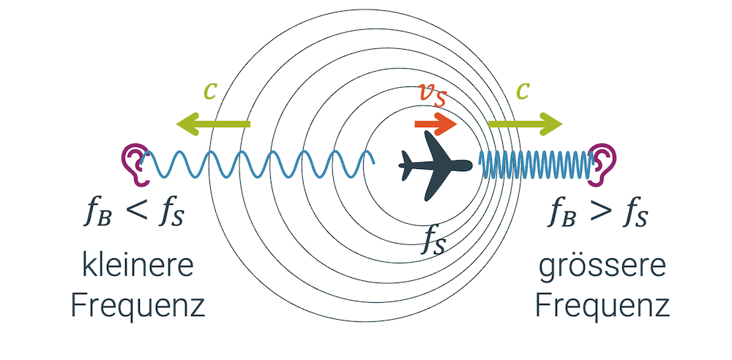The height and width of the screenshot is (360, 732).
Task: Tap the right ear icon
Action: point(604,163)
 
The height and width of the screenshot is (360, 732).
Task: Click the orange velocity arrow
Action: point(436,124)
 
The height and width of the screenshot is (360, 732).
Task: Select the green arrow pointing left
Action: point(212,124)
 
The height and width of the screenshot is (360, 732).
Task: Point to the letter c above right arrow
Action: point(523,91)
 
